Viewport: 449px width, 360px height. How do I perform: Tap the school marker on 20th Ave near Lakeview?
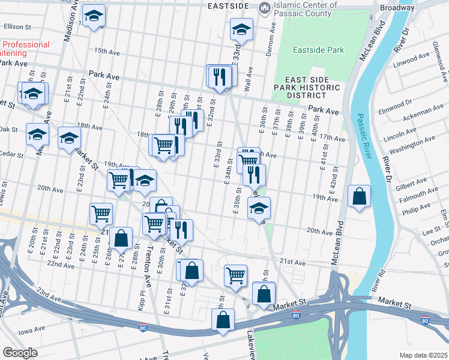259,208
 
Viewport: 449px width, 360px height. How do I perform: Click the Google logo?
20,352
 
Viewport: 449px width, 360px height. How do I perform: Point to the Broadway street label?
396,8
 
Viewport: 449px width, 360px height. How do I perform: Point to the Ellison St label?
17,26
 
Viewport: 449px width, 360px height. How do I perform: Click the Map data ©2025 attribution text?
424,355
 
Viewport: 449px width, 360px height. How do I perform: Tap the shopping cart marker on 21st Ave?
235,275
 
